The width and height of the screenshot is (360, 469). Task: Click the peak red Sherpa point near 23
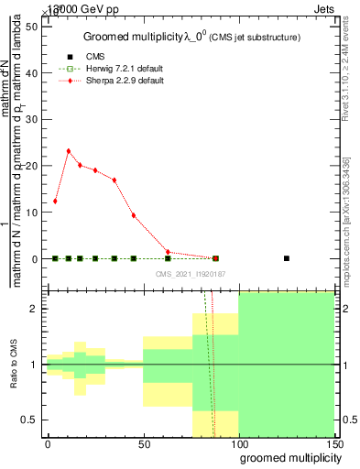(69, 151)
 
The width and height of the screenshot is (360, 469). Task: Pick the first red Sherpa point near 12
(56, 202)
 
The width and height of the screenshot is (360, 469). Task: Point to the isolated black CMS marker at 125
(287, 258)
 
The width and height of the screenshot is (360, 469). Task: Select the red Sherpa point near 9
(135, 216)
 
